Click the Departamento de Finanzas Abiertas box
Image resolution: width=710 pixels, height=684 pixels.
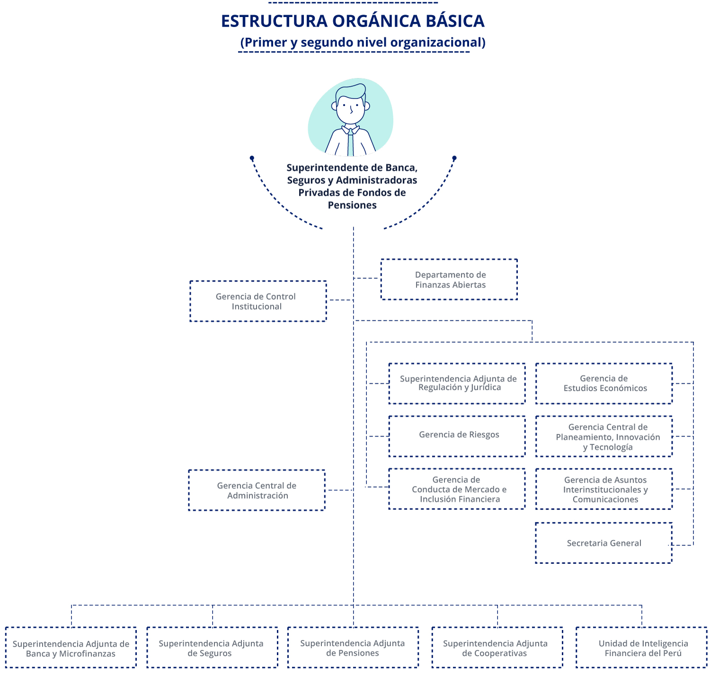(x=449, y=280)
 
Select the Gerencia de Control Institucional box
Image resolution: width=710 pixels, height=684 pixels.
(x=258, y=301)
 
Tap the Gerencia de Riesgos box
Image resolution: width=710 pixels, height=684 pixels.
(x=457, y=436)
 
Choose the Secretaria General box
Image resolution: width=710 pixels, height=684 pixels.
(x=603, y=543)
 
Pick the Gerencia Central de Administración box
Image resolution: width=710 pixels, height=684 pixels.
(x=257, y=490)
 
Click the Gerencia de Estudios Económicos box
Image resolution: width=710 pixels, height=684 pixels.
(x=604, y=384)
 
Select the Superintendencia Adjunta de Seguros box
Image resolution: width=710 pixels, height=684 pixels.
(x=212, y=648)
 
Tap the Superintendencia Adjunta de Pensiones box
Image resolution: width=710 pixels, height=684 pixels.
(x=353, y=648)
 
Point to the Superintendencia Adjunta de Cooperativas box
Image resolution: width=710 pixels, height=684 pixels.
(x=497, y=648)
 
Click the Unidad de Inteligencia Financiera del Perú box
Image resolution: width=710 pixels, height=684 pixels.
(x=642, y=648)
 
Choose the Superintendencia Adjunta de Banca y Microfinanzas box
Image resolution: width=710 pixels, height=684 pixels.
(x=71, y=648)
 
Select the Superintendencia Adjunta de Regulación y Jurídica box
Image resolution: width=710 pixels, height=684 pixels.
(x=457, y=384)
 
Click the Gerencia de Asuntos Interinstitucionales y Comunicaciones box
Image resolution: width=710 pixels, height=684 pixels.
(x=604, y=489)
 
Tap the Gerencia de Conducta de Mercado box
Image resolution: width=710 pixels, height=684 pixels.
(x=457, y=489)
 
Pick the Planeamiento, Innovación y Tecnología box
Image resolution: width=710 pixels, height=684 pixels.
(x=604, y=437)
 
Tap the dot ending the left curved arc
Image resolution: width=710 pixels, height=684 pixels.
(x=252, y=158)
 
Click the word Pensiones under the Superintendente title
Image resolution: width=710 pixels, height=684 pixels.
(x=352, y=205)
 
